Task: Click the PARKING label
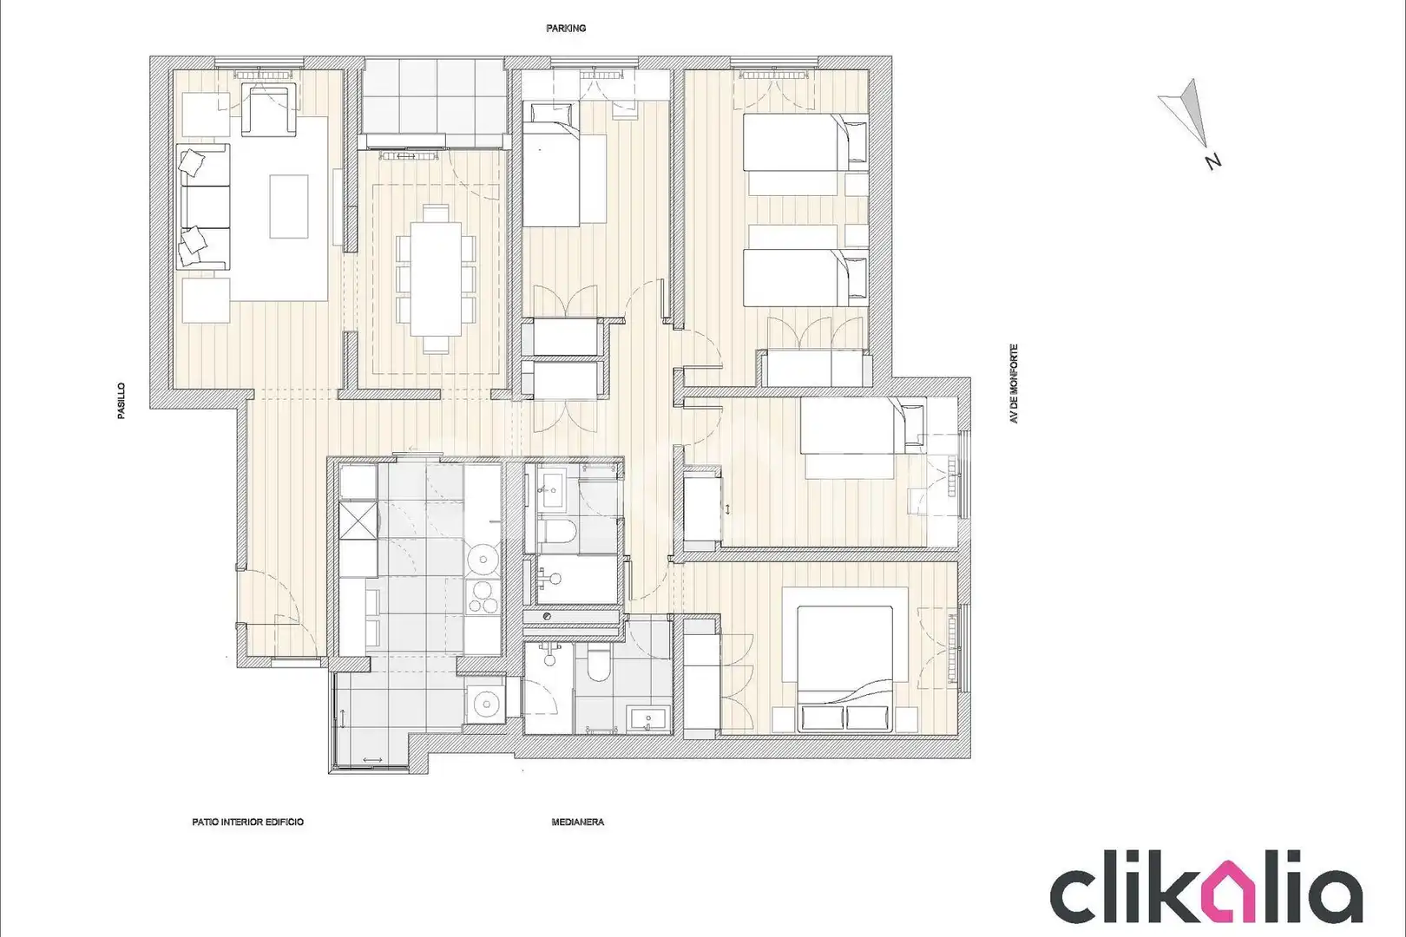tap(566, 29)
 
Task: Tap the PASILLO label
tap(122, 401)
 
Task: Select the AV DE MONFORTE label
tap(1014, 383)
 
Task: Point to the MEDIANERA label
tap(577, 822)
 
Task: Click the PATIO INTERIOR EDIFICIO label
tap(248, 822)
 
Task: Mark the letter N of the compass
tap(1212, 161)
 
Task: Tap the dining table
tap(436, 278)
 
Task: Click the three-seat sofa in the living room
tap(203, 206)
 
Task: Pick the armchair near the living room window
tap(269, 110)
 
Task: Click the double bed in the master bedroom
tap(844, 668)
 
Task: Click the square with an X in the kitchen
tap(358, 520)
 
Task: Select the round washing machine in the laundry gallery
tap(484, 704)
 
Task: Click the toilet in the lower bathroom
tap(599, 666)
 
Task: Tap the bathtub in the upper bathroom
tap(577, 580)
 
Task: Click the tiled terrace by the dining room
tap(434, 96)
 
